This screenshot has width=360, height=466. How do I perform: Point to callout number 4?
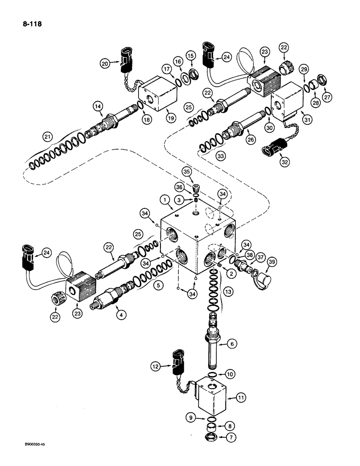[x=121, y=315]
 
